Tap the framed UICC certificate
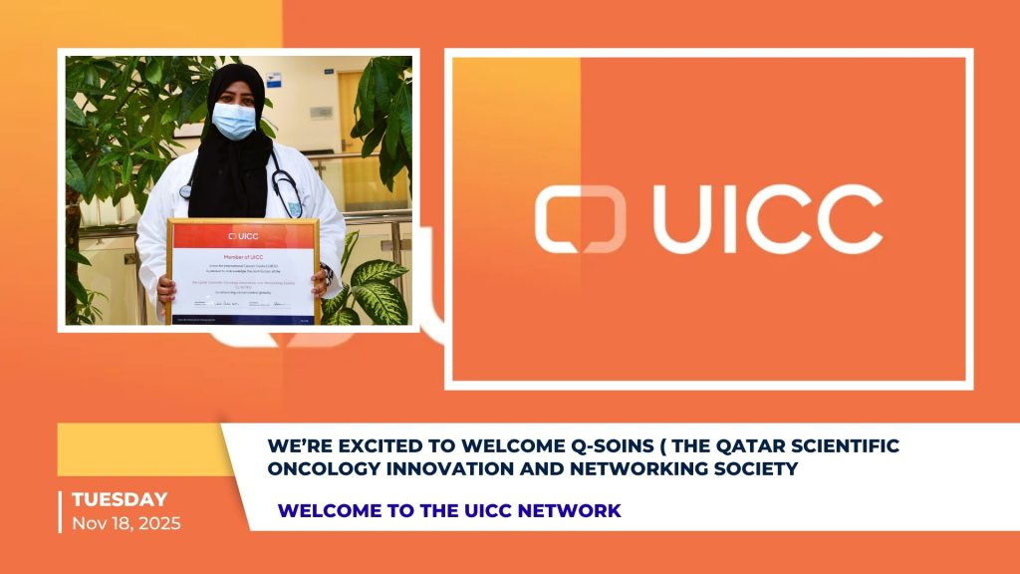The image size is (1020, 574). (244, 271)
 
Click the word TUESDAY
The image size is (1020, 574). (120, 499)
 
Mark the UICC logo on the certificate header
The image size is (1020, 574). (244, 236)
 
